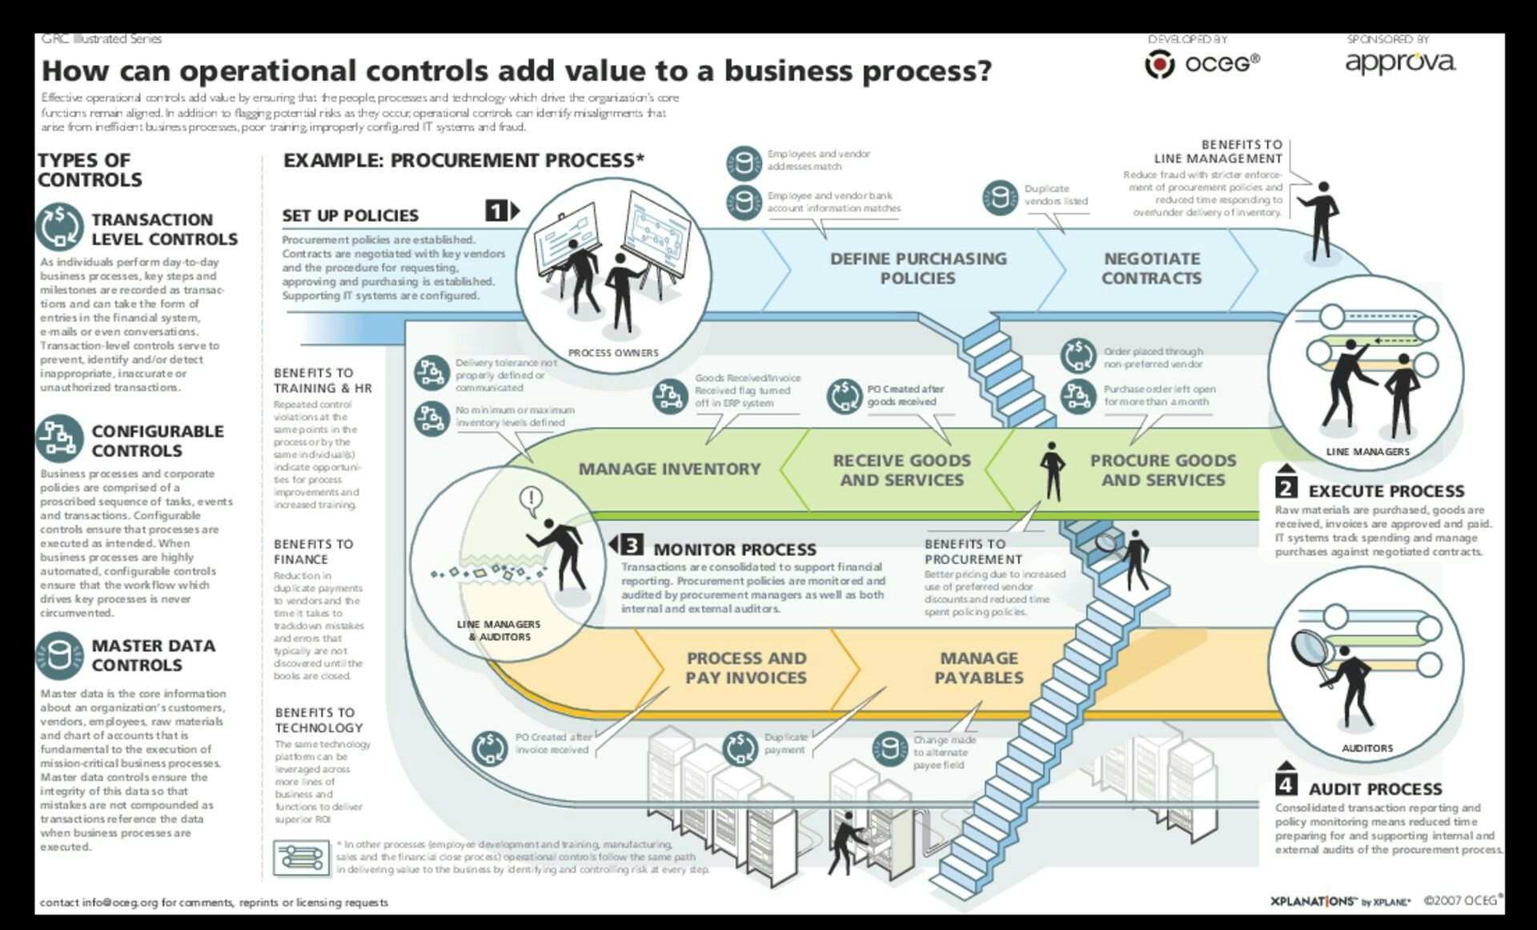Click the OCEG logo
click(x=1202, y=63)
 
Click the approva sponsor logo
click(x=1400, y=63)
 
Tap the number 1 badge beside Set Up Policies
click(x=497, y=211)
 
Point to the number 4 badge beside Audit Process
click(x=1286, y=783)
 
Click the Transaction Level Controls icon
click(x=59, y=227)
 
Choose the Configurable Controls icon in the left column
click(x=59, y=438)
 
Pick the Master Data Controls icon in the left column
click(x=59, y=655)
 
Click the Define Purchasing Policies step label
click(x=917, y=268)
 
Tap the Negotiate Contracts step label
click(x=1151, y=268)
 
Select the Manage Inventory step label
click(x=669, y=469)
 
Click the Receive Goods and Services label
click(x=901, y=470)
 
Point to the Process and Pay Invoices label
click(x=746, y=668)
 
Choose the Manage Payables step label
click(x=979, y=668)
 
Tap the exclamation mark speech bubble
click(x=531, y=501)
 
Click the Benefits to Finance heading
click(x=313, y=551)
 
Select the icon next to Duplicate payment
click(x=740, y=747)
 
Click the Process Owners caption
click(x=613, y=352)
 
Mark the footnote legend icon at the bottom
click(x=301, y=857)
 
